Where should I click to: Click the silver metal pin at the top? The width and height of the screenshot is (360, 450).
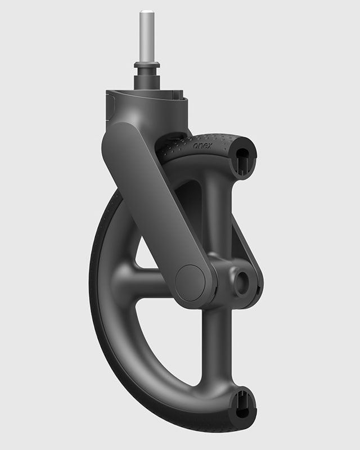click(x=146, y=37)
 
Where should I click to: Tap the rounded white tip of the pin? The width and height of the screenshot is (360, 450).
click(x=146, y=13)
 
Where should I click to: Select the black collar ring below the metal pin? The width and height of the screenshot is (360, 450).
click(x=146, y=66)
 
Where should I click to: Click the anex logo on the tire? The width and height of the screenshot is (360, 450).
click(x=202, y=146)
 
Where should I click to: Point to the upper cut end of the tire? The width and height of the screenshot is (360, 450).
click(x=244, y=159)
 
